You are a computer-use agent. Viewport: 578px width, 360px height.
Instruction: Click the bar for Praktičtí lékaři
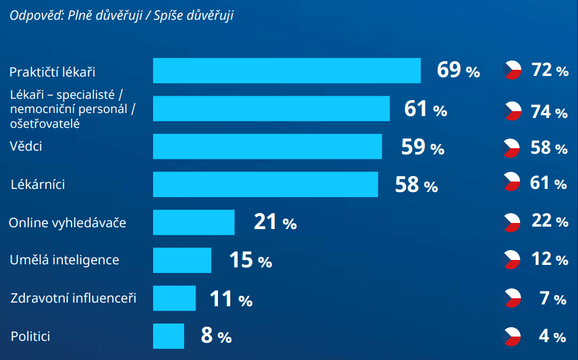[x=287, y=70]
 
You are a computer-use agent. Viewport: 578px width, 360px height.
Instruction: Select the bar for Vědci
[x=267, y=146]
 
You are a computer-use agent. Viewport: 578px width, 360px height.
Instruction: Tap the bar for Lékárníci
[x=266, y=184]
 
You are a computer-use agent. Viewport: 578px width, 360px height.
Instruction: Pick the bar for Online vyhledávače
[x=194, y=222]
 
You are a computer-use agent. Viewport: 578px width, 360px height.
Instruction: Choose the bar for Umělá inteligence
[x=182, y=260]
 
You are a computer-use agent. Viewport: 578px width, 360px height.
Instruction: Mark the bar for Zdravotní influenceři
[x=174, y=298]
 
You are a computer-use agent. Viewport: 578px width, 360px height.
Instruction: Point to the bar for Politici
[x=169, y=336]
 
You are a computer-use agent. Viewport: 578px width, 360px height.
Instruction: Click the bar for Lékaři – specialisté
[x=271, y=109]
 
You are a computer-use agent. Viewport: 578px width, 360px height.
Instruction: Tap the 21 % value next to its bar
[x=275, y=222]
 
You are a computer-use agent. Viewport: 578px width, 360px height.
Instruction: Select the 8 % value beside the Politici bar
[x=216, y=336]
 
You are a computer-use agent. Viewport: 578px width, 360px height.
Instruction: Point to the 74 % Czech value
[x=549, y=112]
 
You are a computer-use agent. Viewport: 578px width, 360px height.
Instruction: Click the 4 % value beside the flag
[x=552, y=336]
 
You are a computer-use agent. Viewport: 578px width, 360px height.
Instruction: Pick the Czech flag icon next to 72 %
[x=513, y=70]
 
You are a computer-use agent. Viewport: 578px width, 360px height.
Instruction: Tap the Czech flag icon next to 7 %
[x=513, y=298]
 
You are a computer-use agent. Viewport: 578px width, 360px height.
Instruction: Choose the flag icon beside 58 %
[x=511, y=148]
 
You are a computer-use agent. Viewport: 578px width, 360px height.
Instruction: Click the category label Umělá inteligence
[x=64, y=259]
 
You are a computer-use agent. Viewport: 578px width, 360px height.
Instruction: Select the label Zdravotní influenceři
[x=73, y=299]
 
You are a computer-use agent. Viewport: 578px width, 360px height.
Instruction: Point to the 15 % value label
[x=250, y=261]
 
